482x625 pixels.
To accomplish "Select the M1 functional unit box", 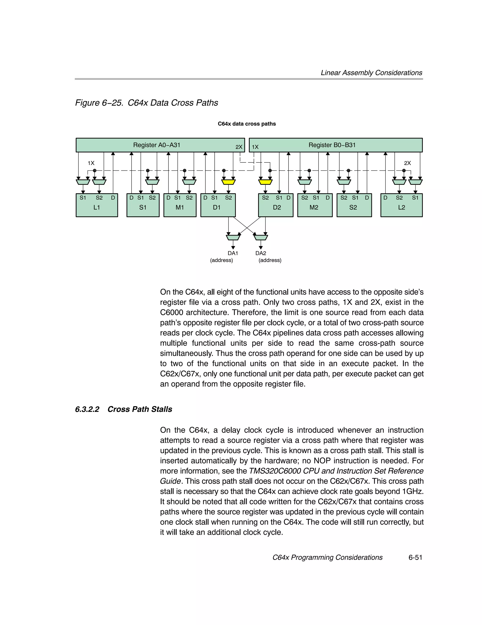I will click(180, 207).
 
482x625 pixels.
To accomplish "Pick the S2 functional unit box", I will click(354, 207).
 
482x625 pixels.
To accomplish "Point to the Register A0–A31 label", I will click(157, 145).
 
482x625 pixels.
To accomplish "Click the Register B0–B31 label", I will click(332, 145).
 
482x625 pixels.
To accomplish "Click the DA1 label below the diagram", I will click(233, 253).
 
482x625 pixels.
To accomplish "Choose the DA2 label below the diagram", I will click(261, 253).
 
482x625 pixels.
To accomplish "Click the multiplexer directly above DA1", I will click(233, 237).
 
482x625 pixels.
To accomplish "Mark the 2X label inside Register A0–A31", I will click(239, 147).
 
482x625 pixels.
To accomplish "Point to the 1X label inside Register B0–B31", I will click(255, 147).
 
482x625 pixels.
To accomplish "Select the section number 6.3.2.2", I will click(87, 409).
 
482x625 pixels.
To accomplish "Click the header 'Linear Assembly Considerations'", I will click(371, 73).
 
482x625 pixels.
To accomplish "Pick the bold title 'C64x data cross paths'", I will click(247, 124).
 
